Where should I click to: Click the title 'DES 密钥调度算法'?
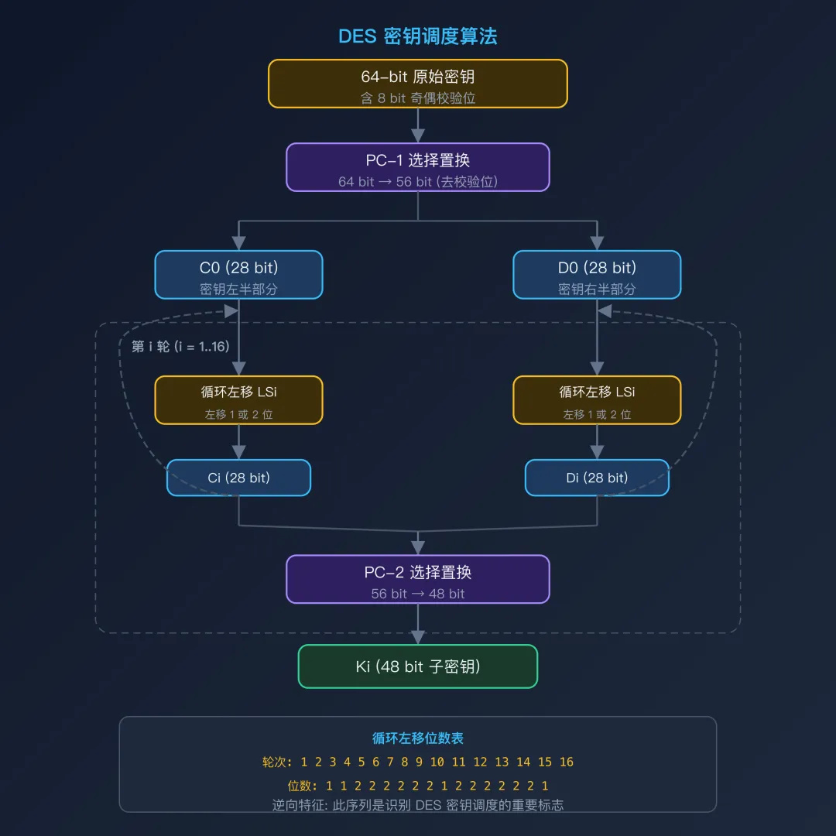(x=418, y=36)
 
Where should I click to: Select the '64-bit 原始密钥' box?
(x=418, y=84)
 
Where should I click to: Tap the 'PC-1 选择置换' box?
(x=418, y=166)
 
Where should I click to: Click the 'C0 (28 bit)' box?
(x=238, y=275)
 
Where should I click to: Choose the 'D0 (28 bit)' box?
(x=597, y=275)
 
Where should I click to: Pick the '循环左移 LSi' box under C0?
(x=238, y=400)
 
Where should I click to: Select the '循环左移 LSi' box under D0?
(x=597, y=400)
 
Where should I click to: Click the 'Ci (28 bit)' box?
(x=238, y=478)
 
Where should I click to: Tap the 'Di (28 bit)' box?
(x=597, y=478)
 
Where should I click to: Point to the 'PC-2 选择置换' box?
(x=418, y=579)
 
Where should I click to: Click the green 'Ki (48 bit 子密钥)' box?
(x=418, y=666)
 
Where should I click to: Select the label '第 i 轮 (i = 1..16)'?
(x=180, y=346)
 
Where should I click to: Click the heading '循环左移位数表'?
(x=418, y=738)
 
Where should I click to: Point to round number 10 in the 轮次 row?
(x=437, y=762)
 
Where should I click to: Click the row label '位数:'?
(x=302, y=786)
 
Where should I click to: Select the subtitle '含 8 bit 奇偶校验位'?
(x=418, y=98)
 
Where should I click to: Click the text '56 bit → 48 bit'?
(x=418, y=594)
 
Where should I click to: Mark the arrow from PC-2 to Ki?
(x=418, y=624)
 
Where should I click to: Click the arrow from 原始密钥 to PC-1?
(x=418, y=125)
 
